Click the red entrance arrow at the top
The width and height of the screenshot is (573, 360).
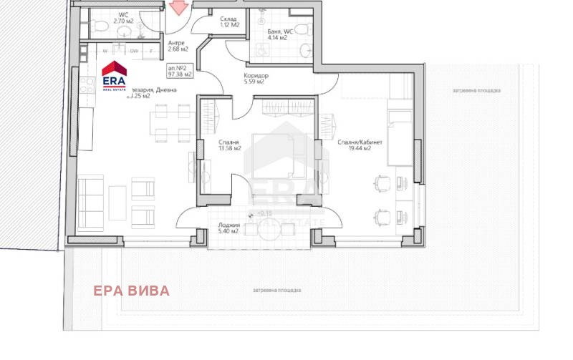[178, 7]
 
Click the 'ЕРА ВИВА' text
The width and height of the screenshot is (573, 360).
[132, 291]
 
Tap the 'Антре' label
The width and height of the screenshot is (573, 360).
[175, 42]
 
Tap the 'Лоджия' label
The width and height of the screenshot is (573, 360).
[228, 225]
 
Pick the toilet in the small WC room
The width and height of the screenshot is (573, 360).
[102, 27]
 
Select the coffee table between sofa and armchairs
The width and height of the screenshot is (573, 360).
[117, 201]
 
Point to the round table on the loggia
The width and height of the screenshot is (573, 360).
[252, 228]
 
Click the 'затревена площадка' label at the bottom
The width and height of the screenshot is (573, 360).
[276, 290]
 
